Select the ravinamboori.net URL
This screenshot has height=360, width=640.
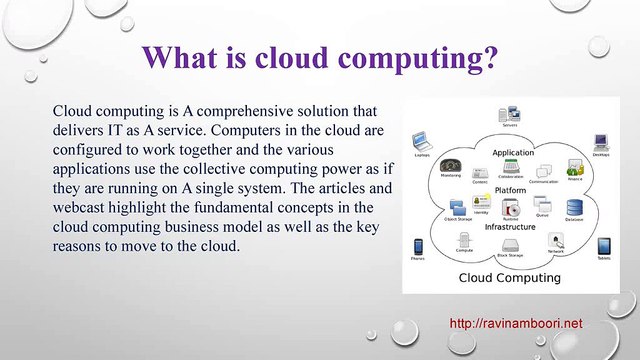[x=516, y=324]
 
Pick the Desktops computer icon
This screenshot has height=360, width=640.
[x=600, y=141]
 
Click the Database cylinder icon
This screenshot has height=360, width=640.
[x=574, y=207]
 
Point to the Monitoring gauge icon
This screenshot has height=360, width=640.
[x=450, y=166]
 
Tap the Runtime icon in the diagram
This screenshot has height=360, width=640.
[x=512, y=208]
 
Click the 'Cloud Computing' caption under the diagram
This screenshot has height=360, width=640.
[x=512, y=277]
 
